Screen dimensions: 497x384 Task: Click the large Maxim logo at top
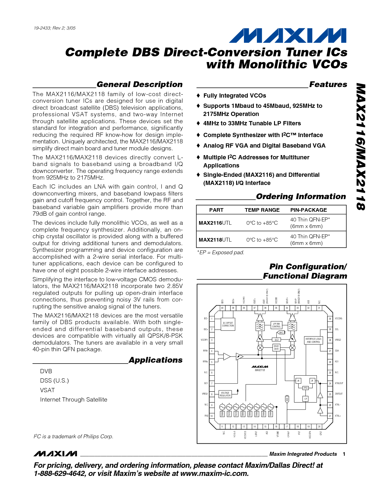pos(287,36)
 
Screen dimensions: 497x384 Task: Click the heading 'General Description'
pos(139,84)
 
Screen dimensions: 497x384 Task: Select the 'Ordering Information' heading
pos(301,196)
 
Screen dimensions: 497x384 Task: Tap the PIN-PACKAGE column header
pos(308,210)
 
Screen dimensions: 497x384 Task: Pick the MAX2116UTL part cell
pos(215,223)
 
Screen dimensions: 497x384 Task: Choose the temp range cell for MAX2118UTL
pos(262,240)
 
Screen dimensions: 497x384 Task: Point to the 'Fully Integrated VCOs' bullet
pos(234,96)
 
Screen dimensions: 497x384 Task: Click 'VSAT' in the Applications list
pos(47,390)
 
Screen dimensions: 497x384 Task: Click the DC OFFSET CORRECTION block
pos(228,324)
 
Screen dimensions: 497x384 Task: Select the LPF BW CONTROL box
pos(276,325)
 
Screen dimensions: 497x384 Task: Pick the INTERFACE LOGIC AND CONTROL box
pos(313,340)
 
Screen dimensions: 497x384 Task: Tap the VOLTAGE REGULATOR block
pos(225,394)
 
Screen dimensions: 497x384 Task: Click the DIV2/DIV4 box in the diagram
pos(276,348)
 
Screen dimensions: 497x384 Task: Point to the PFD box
pos(305,388)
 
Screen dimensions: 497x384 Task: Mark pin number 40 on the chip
pos(222,308)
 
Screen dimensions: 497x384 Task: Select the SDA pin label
pos(337,351)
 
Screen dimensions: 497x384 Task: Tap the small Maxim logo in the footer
pos(55,454)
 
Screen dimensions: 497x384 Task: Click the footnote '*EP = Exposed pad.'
pos(220,252)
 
